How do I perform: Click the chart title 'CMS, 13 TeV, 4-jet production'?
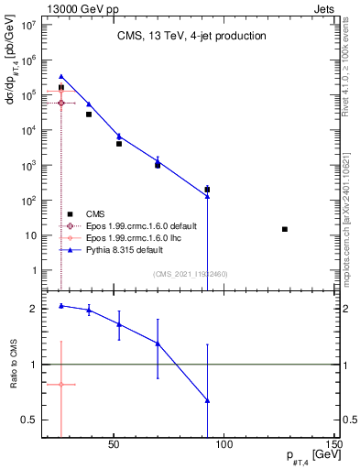[x=191, y=37]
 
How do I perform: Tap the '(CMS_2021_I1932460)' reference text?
[x=190, y=273]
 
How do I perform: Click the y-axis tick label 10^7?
[x=27, y=25]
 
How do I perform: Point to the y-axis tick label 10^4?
[x=27, y=130]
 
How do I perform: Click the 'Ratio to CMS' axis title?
[x=13, y=365]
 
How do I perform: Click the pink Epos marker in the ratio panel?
[x=61, y=385]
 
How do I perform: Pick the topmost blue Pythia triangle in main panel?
[x=61, y=77]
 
